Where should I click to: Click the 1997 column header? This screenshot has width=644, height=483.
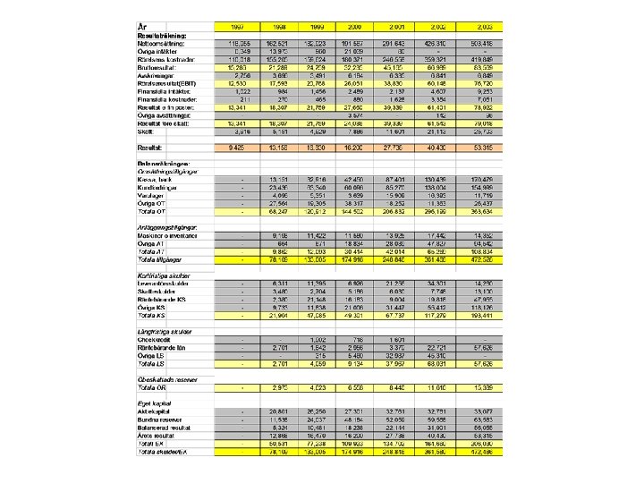(x=237, y=27)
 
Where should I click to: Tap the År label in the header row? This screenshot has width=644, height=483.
(x=143, y=27)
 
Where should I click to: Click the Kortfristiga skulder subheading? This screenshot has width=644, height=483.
(x=164, y=275)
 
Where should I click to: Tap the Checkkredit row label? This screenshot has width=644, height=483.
(x=154, y=339)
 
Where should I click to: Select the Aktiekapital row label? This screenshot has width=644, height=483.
(x=154, y=412)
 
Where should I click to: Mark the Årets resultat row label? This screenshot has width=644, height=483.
(x=155, y=435)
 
